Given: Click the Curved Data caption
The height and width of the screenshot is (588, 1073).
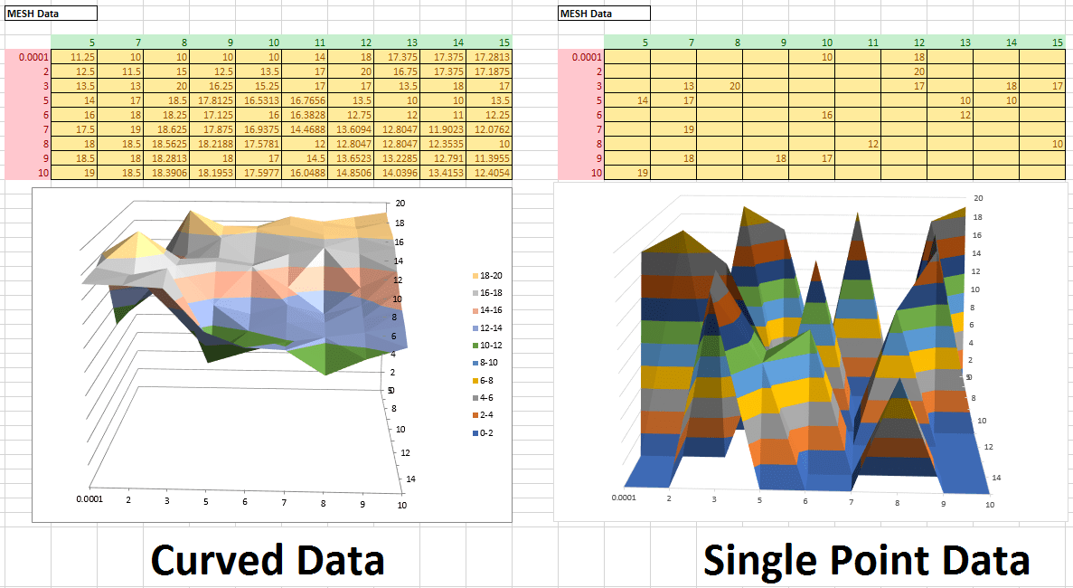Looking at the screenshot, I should pos(268,559).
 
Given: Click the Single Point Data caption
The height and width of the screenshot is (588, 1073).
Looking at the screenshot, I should pos(866,559).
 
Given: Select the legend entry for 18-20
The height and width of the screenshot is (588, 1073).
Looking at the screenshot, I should pos(489,274).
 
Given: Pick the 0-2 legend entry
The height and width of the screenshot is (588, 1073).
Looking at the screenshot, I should pos(489,433).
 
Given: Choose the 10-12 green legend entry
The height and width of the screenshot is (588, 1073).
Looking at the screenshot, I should pos(489,345).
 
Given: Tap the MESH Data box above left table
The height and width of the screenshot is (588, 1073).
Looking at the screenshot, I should pos(51,14).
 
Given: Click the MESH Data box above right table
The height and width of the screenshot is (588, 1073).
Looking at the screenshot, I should pos(604,14).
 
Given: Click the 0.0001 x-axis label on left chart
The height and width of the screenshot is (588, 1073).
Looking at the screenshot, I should pos(89,499).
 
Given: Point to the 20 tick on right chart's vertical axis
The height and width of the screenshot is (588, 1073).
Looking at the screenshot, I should pos(978,198).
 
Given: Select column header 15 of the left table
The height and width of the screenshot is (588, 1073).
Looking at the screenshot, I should pos(503,43).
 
